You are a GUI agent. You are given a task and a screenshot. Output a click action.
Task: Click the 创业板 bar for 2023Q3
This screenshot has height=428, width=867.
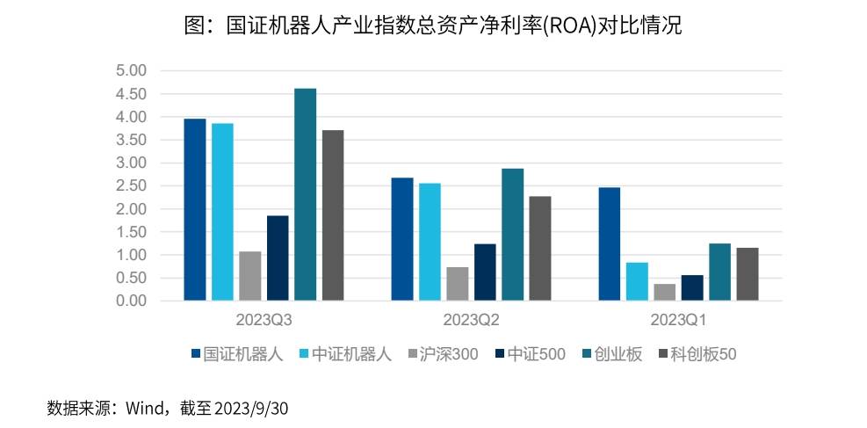point(306,195)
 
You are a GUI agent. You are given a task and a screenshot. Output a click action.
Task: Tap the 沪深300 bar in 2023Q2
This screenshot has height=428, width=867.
point(458,284)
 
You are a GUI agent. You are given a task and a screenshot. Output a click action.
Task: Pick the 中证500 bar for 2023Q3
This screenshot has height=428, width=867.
point(278,258)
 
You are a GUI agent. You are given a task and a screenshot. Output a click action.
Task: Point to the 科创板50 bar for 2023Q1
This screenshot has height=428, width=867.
point(748,274)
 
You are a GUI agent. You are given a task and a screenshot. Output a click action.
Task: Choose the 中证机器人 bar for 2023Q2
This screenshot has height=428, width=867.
point(430,242)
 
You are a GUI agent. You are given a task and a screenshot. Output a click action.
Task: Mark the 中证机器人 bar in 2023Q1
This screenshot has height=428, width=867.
point(638,281)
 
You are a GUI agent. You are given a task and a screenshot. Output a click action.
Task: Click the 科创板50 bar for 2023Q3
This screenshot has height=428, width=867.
point(333,215)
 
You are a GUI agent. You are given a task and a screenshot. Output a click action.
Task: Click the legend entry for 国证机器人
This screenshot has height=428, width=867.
point(237,354)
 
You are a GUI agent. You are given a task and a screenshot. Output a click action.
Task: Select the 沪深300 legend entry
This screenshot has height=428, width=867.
point(444,354)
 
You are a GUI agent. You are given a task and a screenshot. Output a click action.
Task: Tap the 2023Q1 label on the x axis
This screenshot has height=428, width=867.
point(679,318)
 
